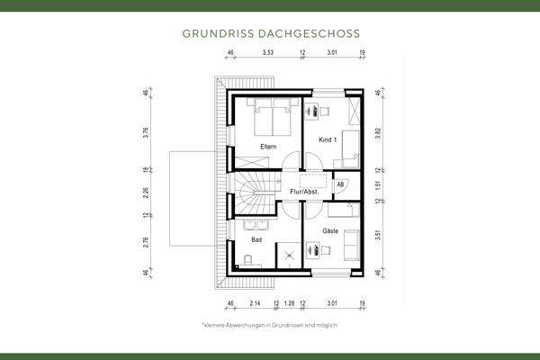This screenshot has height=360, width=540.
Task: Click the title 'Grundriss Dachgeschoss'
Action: (x=270, y=33)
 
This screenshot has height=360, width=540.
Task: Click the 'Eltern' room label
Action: (x=268, y=147)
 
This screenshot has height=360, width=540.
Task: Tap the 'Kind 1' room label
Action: (x=328, y=140)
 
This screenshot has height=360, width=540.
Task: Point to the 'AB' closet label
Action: (x=340, y=184)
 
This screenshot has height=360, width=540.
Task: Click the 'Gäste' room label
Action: (x=330, y=231)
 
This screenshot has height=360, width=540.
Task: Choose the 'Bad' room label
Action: (x=256, y=241)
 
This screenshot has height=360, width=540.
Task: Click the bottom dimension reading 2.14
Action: (x=256, y=303)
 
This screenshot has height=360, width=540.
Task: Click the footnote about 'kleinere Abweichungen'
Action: (x=270, y=324)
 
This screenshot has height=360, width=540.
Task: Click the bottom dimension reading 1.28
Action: (x=288, y=303)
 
